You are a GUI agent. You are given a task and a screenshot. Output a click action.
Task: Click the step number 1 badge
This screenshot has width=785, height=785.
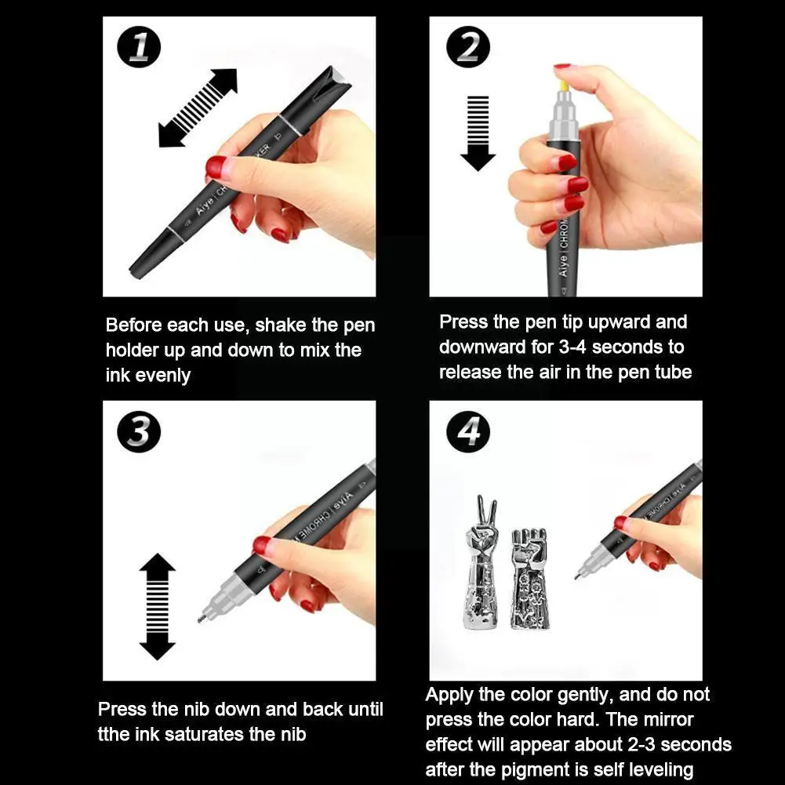click(x=139, y=47)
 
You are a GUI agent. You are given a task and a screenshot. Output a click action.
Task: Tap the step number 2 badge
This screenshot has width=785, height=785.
click(x=468, y=47)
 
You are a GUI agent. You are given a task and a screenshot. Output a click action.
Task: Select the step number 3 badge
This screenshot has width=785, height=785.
click(x=139, y=431)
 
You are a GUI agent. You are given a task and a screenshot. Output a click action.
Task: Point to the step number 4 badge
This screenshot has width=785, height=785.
click(x=468, y=431)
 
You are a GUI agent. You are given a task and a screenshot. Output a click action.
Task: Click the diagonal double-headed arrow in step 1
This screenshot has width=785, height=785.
click(x=198, y=107)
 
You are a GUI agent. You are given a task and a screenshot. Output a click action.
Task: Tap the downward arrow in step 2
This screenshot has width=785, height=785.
click(x=478, y=133)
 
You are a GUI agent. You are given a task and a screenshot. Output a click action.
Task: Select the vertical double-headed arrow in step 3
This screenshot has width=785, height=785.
click(x=157, y=606)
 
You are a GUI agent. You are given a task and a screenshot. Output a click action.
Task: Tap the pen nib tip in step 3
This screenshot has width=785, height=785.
click(x=200, y=620)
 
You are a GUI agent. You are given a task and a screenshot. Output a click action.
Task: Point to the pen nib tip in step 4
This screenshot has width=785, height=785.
click(x=577, y=576)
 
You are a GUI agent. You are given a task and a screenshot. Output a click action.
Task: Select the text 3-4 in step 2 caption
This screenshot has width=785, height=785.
click(x=572, y=347)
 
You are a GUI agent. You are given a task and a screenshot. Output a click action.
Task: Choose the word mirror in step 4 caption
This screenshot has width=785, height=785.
click(x=668, y=719)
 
